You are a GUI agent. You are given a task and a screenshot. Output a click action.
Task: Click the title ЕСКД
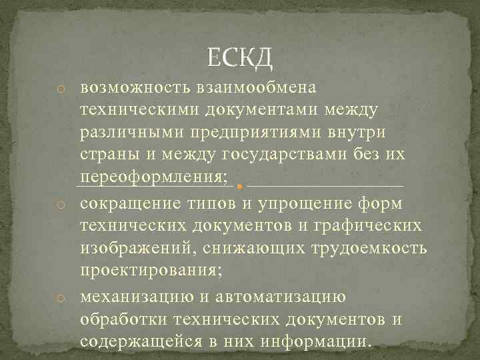pos(240,60)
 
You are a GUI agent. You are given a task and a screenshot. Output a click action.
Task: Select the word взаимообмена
pos(256,88)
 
